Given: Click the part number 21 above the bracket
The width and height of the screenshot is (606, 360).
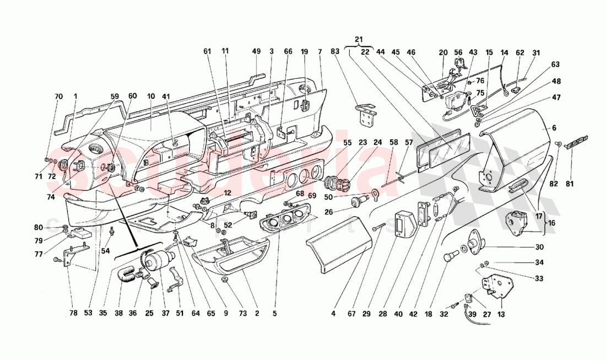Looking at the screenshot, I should pyautogui.click(x=359, y=40).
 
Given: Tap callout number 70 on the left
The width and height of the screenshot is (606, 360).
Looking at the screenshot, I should pyautogui.click(x=59, y=96).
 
